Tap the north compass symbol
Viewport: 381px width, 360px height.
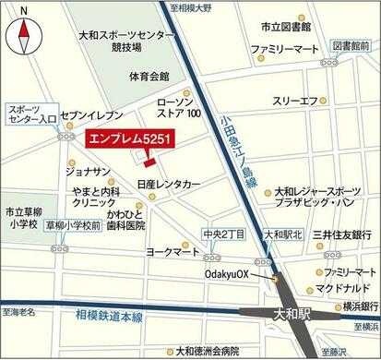tap(25, 36)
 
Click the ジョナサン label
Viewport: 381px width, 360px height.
tap(89, 171)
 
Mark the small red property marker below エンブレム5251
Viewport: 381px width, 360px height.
tap(149, 163)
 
